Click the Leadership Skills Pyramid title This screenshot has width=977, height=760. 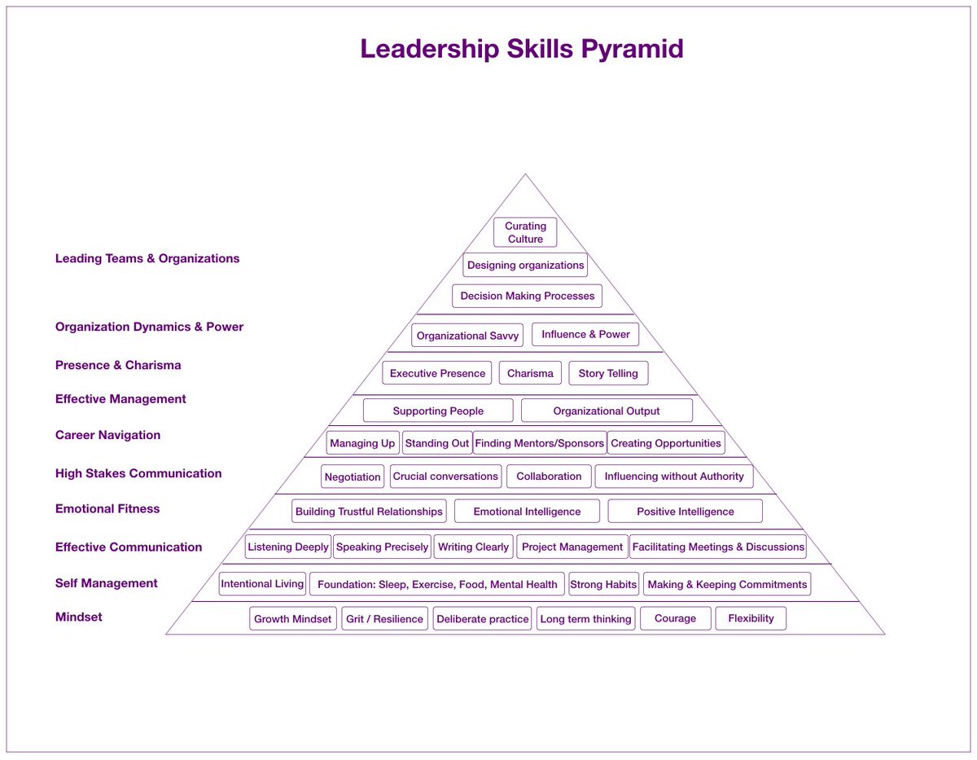click(522, 49)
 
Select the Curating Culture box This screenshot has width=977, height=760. click(525, 232)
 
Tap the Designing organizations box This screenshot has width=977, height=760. click(525, 266)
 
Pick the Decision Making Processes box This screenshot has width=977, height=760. click(527, 296)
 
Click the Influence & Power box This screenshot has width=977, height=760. click(585, 335)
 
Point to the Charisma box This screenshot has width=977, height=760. click(530, 373)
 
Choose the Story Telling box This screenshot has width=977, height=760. click(608, 373)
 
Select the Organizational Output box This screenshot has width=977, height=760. click(607, 411)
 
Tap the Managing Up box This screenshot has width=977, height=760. click(362, 443)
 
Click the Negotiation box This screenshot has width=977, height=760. click(353, 477)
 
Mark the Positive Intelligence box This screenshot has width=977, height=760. click(685, 512)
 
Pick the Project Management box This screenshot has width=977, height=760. click(572, 547)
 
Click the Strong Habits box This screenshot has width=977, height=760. click(603, 584)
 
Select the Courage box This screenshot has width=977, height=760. click(675, 618)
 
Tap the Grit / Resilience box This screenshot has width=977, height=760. click(384, 619)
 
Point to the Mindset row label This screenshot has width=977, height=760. click(79, 617)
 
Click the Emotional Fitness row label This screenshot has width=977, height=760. click(107, 508)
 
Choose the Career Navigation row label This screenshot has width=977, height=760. click(107, 435)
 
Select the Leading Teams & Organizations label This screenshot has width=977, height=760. click(147, 258)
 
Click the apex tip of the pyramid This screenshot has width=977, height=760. click(525, 174)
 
